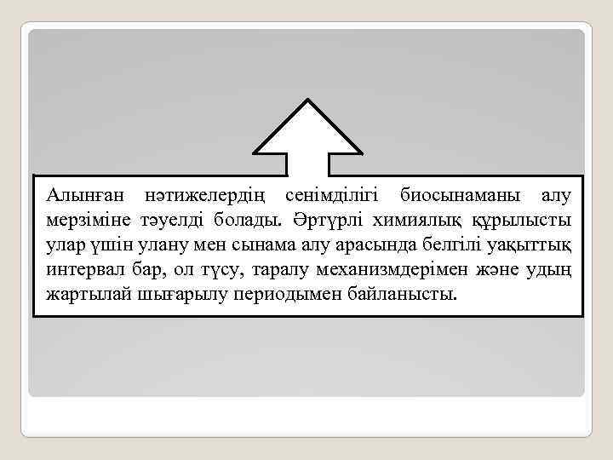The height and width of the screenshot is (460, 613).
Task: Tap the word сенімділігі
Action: click(334, 197)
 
